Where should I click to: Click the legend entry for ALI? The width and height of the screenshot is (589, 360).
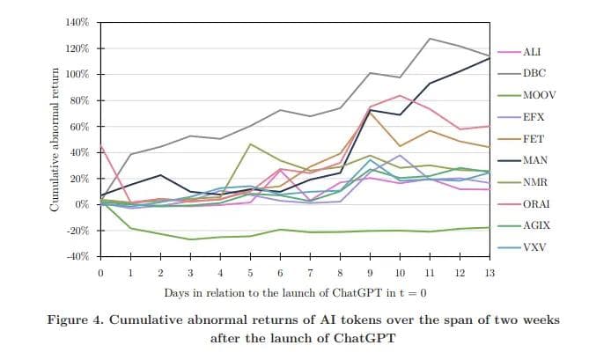pyautogui.click(x=531, y=53)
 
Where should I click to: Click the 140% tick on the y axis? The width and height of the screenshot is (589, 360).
pyautogui.click(x=77, y=22)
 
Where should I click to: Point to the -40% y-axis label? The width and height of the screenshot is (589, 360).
pyautogui.click(x=77, y=256)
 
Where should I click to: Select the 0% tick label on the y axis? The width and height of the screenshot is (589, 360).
pyautogui.click(x=83, y=204)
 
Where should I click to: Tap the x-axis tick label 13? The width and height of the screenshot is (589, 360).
pyautogui.click(x=489, y=273)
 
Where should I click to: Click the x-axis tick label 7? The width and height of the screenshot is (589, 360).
pyautogui.click(x=310, y=273)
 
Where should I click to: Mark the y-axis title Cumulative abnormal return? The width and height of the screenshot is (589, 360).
pyautogui.click(x=55, y=139)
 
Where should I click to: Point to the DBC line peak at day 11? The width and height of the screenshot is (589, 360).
pyautogui.click(x=429, y=39)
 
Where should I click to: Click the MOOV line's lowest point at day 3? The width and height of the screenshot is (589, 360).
pyautogui.click(x=191, y=239)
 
